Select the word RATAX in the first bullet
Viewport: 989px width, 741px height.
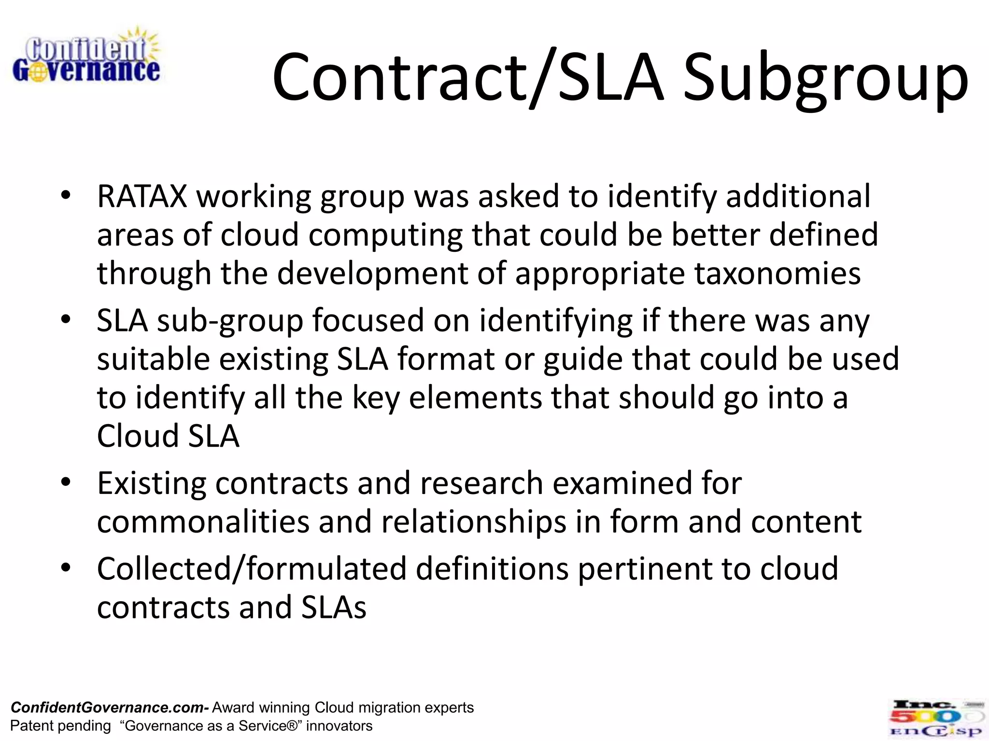(142, 196)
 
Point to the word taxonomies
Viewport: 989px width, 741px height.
(777, 274)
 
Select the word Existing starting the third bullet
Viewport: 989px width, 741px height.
(151, 483)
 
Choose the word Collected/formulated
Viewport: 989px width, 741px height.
(252, 569)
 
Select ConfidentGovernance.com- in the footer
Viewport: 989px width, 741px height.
(110, 708)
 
